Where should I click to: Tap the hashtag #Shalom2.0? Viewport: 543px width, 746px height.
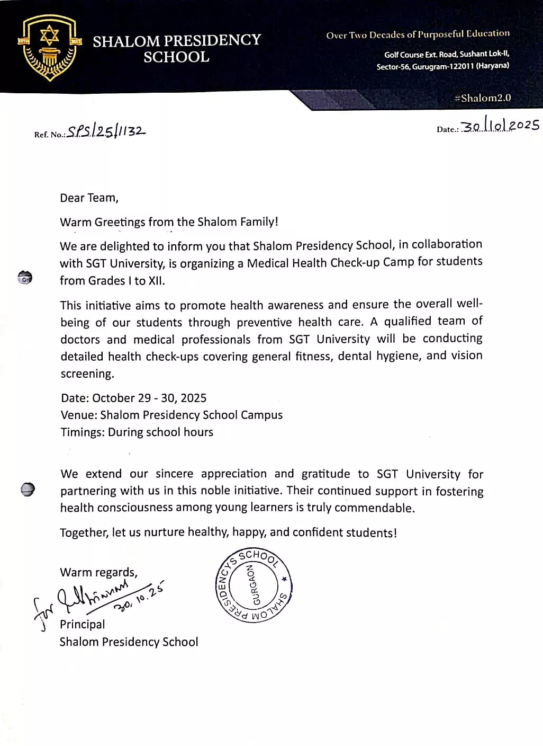[x=483, y=98]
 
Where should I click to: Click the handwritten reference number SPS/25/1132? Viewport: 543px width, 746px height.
[x=106, y=131]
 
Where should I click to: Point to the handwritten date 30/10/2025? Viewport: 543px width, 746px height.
[x=500, y=126]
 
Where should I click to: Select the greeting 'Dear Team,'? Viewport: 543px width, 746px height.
[x=89, y=198]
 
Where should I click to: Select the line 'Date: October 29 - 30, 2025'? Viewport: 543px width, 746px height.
[x=133, y=398]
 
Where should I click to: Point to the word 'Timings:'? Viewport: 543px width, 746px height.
[x=82, y=432]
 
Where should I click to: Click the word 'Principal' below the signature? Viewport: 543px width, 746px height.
[x=83, y=624]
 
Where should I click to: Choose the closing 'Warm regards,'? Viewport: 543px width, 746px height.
[x=98, y=572]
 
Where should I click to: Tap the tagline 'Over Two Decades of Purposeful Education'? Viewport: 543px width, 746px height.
[x=418, y=34]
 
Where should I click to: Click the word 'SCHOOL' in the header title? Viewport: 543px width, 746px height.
[x=176, y=57]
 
